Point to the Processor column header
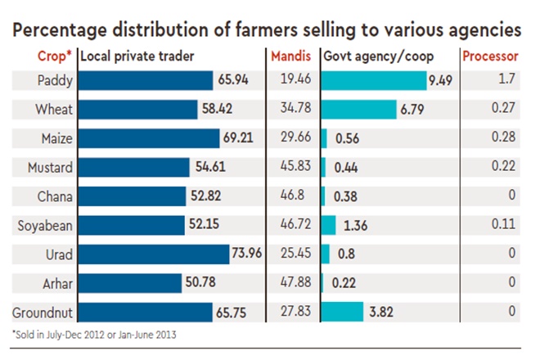pyautogui.click(x=490, y=57)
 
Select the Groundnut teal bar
pyautogui.click(x=343, y=312)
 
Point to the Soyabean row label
pyautogui.click(x=46, y=225)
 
